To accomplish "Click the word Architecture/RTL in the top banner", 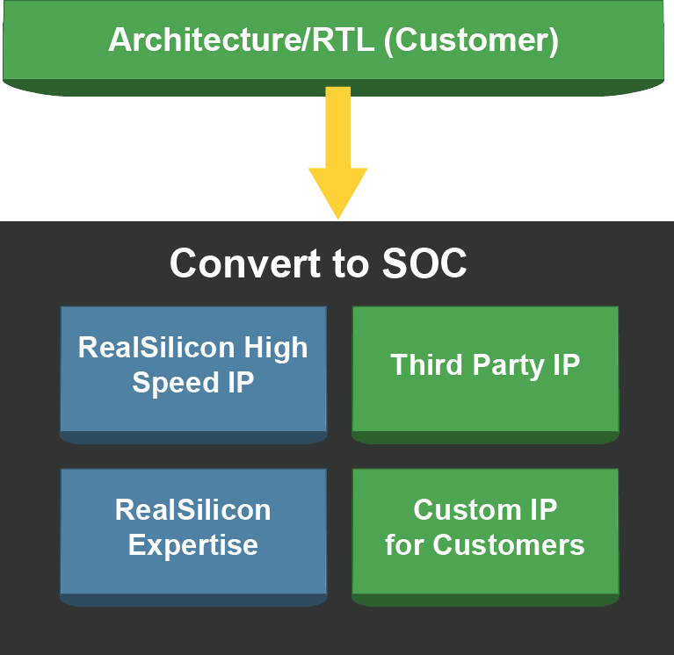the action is pos(241,40).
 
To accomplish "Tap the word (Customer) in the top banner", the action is pos(471,40).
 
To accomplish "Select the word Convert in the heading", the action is pos(245,263).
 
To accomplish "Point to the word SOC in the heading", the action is pos(424,263).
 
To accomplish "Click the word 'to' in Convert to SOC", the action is pos(351,263).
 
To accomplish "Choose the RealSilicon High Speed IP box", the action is pos(193,375).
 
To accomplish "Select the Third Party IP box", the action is pos(485,375).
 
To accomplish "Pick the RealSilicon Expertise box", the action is pos(193,536).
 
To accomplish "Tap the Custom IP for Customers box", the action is pos(485,536).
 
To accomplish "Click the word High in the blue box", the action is pos(276,349).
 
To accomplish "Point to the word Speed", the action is pos(176,383).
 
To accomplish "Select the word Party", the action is pos(509,366).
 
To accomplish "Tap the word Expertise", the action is pos(193,545).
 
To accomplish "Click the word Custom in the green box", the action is pos(467,510).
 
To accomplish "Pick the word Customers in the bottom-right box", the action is pos(509,545).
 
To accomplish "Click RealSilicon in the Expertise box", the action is pos(193,510).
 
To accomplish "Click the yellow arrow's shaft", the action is pos(337,127).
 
